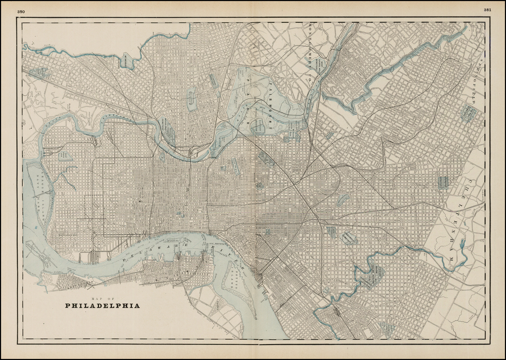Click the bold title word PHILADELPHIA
click(x=102, y=306)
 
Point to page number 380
click(x=21, y=11)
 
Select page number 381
click(x=487, y=10)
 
